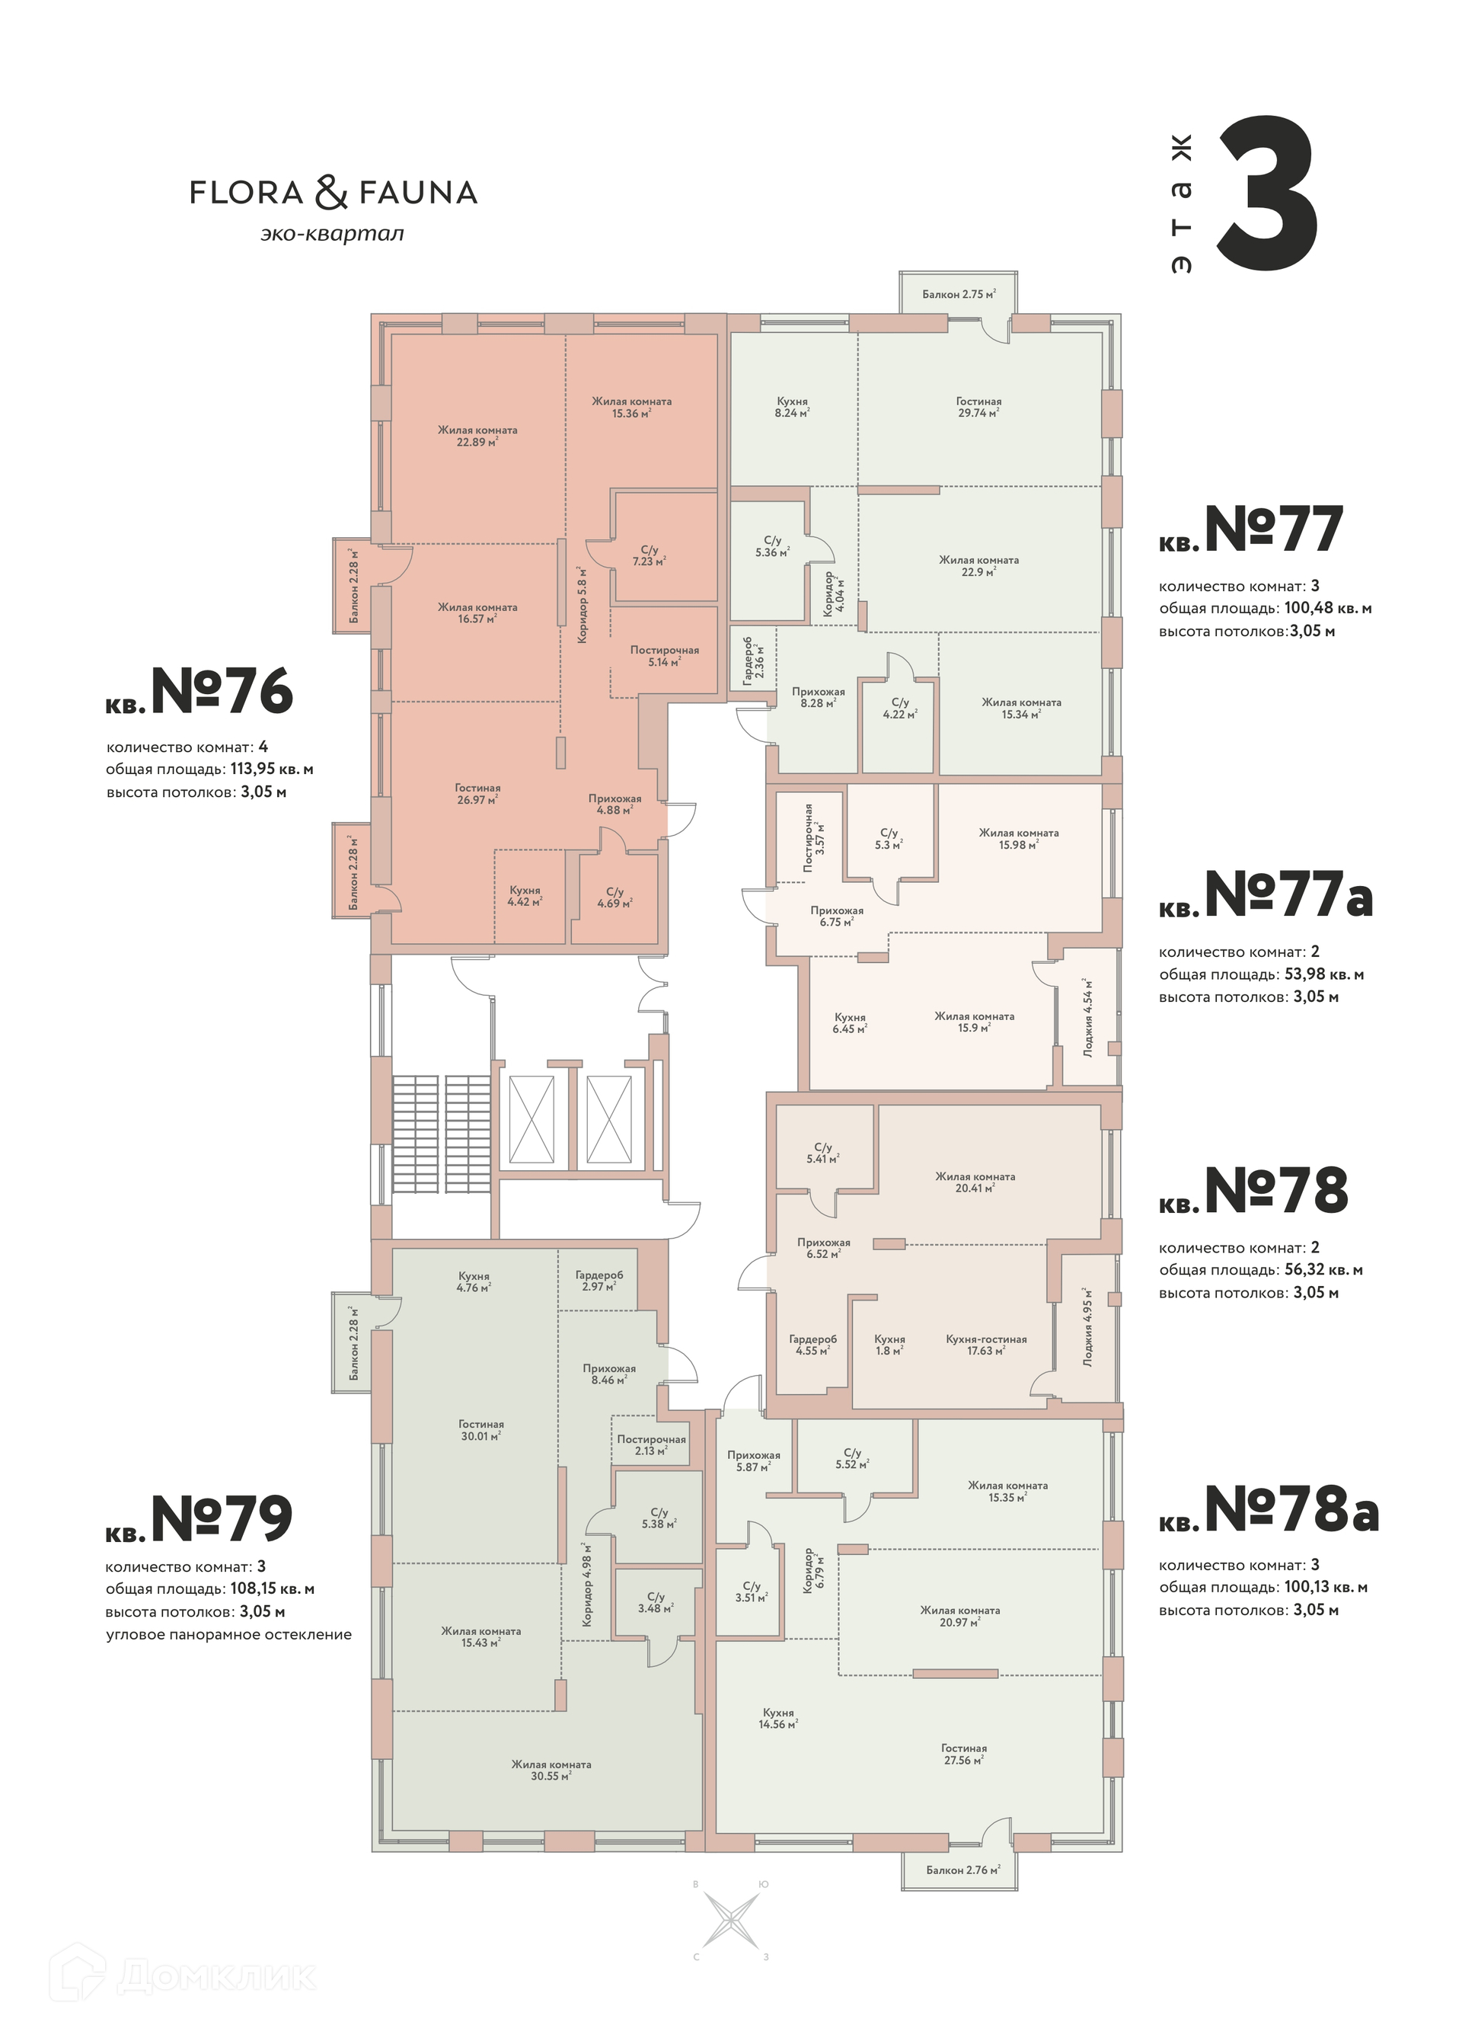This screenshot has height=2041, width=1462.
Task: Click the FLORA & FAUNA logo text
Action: (333, 193)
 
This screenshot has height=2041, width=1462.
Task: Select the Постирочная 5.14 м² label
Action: (665, 655)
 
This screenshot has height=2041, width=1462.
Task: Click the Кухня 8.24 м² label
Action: (793, 408)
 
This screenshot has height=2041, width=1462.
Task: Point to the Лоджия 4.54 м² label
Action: (1089, 1017)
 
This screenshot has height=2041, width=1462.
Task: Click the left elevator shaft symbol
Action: (531, 1118)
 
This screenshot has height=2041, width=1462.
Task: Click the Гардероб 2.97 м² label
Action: (599, 1281)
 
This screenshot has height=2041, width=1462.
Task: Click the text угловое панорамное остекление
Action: (228, 1634)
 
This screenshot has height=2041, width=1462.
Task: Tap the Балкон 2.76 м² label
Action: (963, 1870)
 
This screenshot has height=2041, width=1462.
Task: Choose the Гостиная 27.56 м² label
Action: (965, 1754)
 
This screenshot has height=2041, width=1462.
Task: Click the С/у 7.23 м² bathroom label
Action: (650, 555)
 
